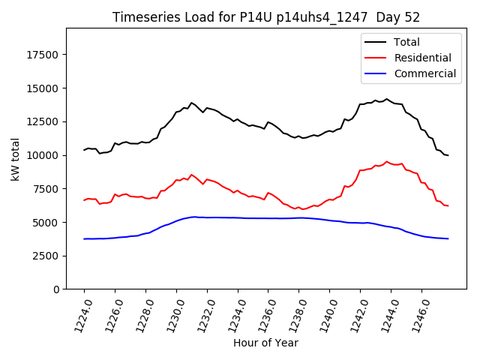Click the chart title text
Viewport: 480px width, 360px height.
(265, 17)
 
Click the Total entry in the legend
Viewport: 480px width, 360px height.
(406, 42)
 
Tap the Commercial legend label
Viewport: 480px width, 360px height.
(424, 73)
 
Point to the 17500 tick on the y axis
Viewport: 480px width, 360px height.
(43, 55)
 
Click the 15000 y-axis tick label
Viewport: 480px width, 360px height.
(43, 88)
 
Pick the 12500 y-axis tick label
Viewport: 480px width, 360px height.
(43, 122)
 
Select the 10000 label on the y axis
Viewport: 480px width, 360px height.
(43, 155)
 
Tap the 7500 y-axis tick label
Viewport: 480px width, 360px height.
(46, 189)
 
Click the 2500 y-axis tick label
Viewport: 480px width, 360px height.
(46, 256)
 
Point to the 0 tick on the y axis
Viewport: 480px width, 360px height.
(57, 289)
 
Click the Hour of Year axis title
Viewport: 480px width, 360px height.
(265, 343)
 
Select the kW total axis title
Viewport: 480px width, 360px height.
(15, 159)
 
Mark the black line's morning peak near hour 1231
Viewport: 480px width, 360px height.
(191, 103)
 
